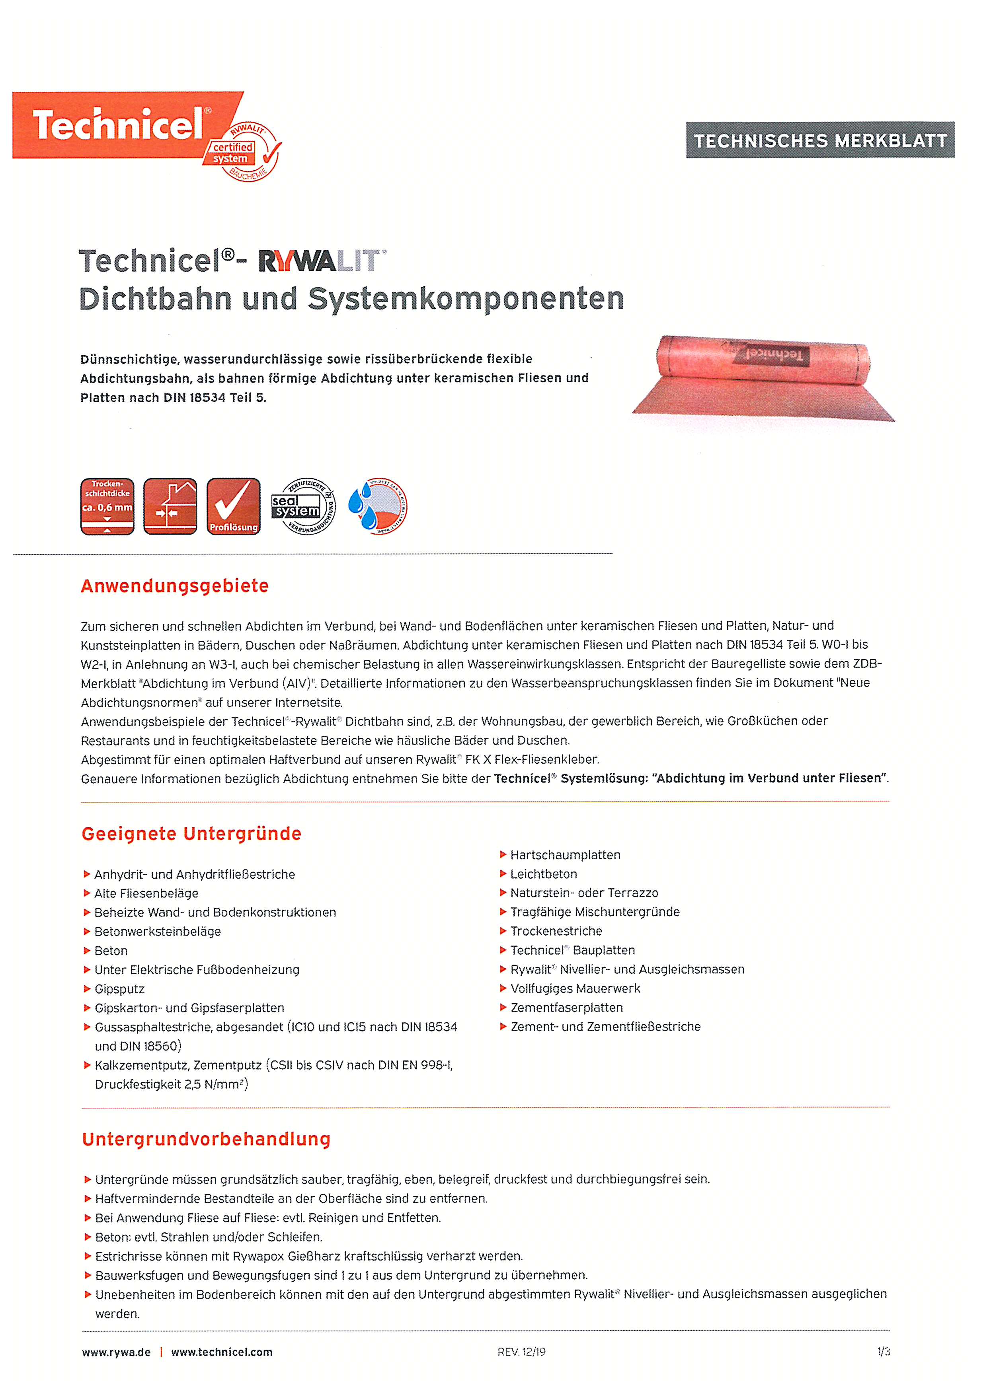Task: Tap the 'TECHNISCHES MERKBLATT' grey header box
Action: tap(820, 140)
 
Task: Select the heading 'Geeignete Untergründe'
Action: tap(191, 834)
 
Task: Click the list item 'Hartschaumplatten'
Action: tap(565, 855)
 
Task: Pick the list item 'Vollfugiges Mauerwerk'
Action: tap(575, 988)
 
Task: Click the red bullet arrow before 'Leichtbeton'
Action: tap(503, 874)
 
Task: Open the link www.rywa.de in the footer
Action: tap(116, 1352)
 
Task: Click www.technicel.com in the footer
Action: tap(222, 1352)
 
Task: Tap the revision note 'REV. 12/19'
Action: tap(521, 1352)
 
